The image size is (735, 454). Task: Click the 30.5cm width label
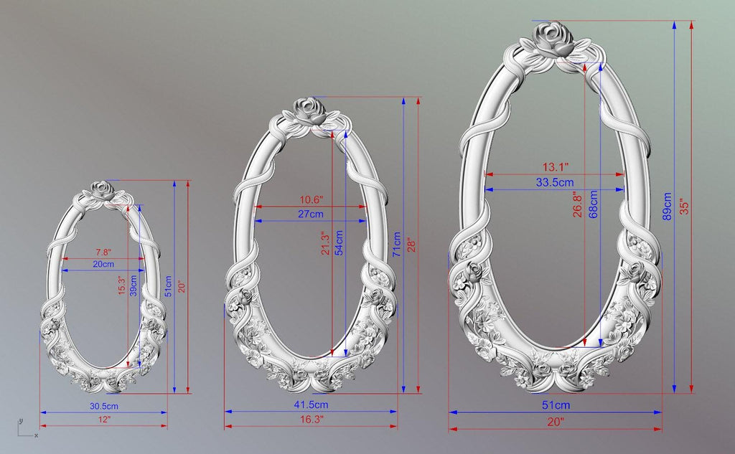[103, 406]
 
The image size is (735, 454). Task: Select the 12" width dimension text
[104, 420]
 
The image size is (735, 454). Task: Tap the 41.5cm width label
[311, 405]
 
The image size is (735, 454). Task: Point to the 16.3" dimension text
[312, 420]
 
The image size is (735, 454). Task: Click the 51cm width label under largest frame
[556, 405]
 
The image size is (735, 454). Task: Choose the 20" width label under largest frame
[556, 422]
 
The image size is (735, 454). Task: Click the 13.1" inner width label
[556, 167]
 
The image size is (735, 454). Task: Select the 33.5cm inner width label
[555, 182]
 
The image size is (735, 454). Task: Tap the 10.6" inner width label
[312, 200]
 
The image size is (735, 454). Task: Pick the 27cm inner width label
[311, 214]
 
